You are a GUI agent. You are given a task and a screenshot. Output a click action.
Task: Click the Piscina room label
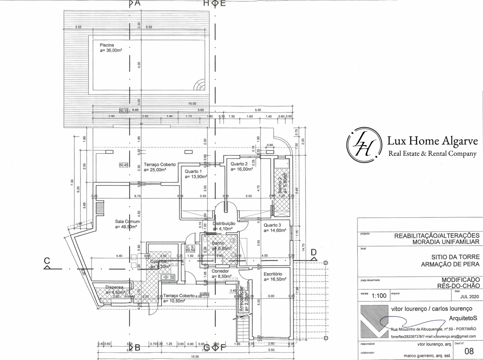107,45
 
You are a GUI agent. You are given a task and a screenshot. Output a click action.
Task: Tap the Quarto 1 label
194,171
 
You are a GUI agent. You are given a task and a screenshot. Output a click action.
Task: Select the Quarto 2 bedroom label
239,164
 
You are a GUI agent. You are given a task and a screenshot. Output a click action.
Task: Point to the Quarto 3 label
272,225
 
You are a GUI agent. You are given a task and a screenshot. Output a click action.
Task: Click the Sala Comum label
128,222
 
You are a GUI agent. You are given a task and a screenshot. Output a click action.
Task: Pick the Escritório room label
273,274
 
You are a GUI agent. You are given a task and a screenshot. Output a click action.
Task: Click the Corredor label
220,271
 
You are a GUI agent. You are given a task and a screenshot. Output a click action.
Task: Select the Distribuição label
224,223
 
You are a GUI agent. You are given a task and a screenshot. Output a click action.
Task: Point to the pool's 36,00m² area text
114,50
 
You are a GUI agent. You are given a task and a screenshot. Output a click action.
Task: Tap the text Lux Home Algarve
432,141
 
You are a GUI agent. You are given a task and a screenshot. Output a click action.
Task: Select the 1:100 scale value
378,295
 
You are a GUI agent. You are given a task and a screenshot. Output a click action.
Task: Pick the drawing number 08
469,351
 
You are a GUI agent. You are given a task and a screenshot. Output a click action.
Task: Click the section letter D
314,252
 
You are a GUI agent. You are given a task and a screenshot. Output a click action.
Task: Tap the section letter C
47,260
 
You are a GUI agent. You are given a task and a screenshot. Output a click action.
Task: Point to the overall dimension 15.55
195,357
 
